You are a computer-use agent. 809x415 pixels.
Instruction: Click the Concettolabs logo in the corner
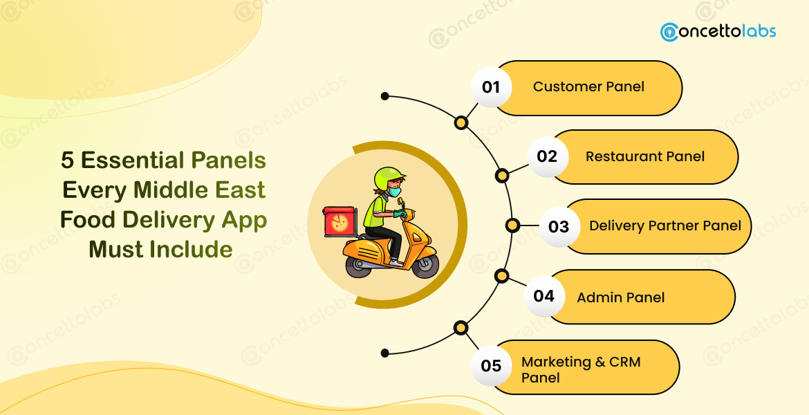[x=718, y=32]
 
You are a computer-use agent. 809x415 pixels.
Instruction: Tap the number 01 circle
[x=491, y=88]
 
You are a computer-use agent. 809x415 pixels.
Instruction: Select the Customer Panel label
[x=588, y=87]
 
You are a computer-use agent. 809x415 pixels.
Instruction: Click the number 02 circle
[x=547, y=156]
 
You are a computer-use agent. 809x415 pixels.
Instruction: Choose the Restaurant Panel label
[x=644, y=157]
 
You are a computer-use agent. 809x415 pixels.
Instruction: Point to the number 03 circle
[x=559, y=227]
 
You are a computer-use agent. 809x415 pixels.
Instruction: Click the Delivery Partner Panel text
[x=664, y=226]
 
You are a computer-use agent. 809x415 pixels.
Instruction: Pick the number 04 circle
[x=544, y=297]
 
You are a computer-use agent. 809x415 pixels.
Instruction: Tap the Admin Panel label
[x=620, y=297]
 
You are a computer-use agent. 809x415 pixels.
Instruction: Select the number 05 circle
[x=491, y=365]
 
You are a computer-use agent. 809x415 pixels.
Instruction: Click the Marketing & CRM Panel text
[x=581, y=369]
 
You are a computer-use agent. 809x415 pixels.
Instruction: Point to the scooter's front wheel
[x=425, y=265]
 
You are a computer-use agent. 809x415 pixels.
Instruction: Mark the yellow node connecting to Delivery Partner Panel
[x=512, y=225]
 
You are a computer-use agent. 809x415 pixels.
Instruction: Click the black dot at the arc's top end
[x=385, y=96]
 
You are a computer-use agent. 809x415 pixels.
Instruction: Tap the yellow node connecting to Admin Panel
[x=502, y=277]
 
